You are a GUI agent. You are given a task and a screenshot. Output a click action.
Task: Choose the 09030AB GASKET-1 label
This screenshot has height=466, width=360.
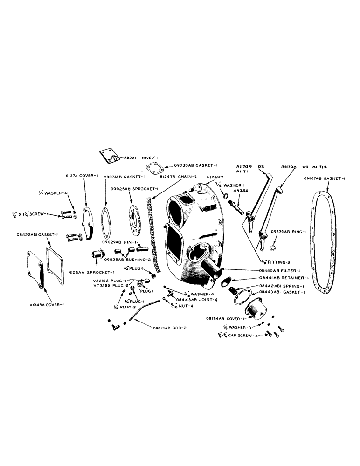194,165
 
